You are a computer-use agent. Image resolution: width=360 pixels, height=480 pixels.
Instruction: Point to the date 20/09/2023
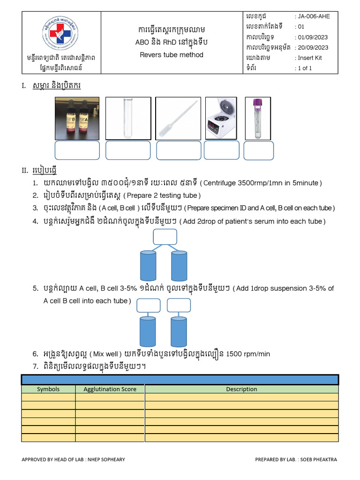(313, 47)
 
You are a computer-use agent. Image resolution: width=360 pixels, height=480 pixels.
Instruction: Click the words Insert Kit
(310, 58)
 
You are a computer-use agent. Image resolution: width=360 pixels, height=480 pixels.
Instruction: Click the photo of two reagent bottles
(77, 118)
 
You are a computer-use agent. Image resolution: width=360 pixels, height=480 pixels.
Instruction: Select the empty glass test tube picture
(128, 118)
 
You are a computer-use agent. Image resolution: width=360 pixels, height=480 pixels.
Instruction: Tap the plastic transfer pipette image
(178, 118)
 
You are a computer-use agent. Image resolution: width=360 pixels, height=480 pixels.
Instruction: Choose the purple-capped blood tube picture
(257, 118)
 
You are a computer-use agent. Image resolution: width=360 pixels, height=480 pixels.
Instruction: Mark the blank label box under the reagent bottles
(77, 150)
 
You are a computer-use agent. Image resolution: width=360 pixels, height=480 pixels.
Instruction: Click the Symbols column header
(48, 389)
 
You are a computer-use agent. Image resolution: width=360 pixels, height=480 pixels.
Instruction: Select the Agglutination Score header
(110, 389)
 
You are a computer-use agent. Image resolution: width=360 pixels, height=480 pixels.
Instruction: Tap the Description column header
(241, 389)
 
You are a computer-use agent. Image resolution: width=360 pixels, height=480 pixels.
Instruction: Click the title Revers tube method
(172, 55)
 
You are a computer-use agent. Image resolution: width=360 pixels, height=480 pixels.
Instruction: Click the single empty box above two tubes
(165, 237)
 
